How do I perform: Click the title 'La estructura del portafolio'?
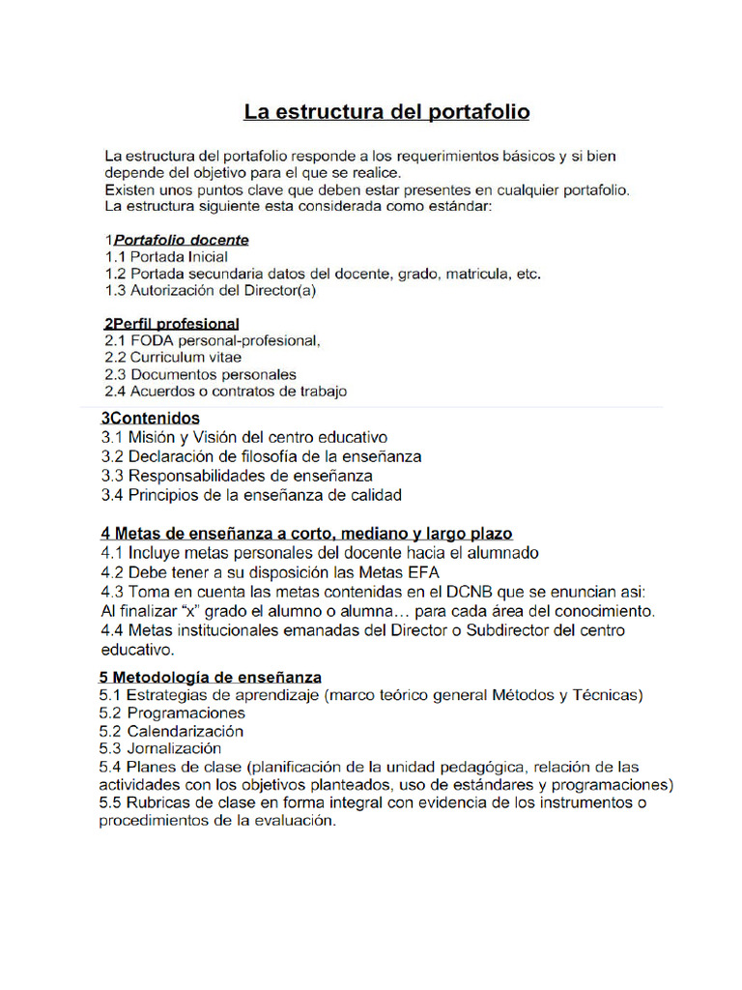(385, 112)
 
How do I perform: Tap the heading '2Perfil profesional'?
(171, 323)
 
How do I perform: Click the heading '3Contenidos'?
(151, 418)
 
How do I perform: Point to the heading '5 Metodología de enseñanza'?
(211, 677)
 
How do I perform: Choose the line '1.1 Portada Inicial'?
(166, 257)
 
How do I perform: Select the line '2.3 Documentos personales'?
(200, 374)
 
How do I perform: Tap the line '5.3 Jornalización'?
(160, 748)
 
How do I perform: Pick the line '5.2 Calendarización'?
(172, 731)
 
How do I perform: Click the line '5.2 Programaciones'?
(172, 713)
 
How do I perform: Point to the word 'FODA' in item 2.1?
(152, 340)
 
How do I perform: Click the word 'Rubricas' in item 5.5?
(159, 802)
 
